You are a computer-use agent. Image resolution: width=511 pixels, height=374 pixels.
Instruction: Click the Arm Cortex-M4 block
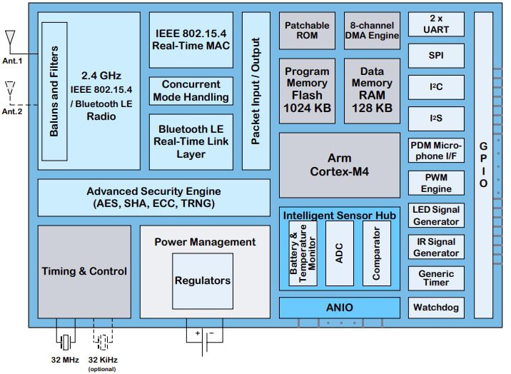coord(339,165)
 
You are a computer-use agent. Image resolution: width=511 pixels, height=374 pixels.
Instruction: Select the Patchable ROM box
coord(307,30)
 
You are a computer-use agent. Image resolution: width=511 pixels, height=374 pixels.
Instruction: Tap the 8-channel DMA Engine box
coord(372,30)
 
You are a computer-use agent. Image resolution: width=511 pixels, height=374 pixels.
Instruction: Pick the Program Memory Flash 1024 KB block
coord(307,90)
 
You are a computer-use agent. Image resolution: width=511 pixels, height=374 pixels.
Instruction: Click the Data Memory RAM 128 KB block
coord(372,90)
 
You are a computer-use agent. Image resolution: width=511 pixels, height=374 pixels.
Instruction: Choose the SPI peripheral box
coord(436,54)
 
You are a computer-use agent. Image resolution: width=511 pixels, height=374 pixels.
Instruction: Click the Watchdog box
coord(436,308)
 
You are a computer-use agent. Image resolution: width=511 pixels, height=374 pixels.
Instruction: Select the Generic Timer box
coord(436,278)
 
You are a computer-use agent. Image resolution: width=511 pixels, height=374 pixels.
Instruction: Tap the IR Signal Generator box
coord(436,247)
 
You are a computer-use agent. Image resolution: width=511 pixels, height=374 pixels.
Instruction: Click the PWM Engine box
coord(436,183)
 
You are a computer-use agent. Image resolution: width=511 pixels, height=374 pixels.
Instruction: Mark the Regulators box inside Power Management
coord(203,280)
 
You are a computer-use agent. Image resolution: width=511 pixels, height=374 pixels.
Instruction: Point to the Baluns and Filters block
coord(54,91)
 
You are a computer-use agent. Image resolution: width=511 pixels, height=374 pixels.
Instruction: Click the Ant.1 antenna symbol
coord(11,39)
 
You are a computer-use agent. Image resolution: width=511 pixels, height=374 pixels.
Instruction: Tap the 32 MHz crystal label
coord(66,360)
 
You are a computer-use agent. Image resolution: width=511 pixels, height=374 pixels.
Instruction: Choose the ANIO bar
coord(339,308)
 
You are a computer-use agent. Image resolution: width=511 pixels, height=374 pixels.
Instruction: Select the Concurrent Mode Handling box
coord(191,91)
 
